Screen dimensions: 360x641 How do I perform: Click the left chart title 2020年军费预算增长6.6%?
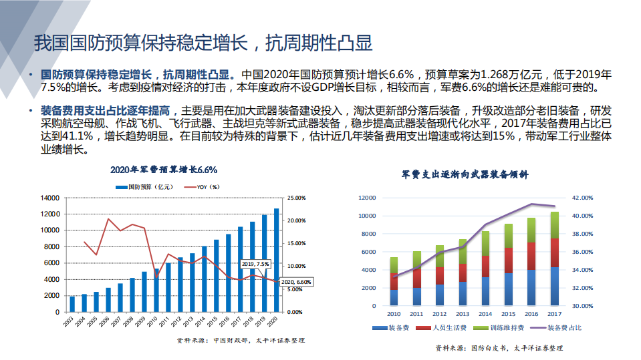[x=164, y=170]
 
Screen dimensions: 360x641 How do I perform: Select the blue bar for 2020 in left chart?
[x=277, y=260]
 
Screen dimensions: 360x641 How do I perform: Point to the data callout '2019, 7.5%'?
[x=256, y=264]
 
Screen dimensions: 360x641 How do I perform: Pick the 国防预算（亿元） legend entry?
[x=148, y=187]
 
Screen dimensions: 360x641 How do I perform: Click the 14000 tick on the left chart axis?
[x=50, y=198]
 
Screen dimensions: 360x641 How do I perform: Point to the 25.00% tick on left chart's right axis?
[x=296, y=198]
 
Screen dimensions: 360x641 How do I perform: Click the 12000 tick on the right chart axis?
[x=370, y=198]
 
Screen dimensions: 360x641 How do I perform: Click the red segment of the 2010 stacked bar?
[x=394, y=281]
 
